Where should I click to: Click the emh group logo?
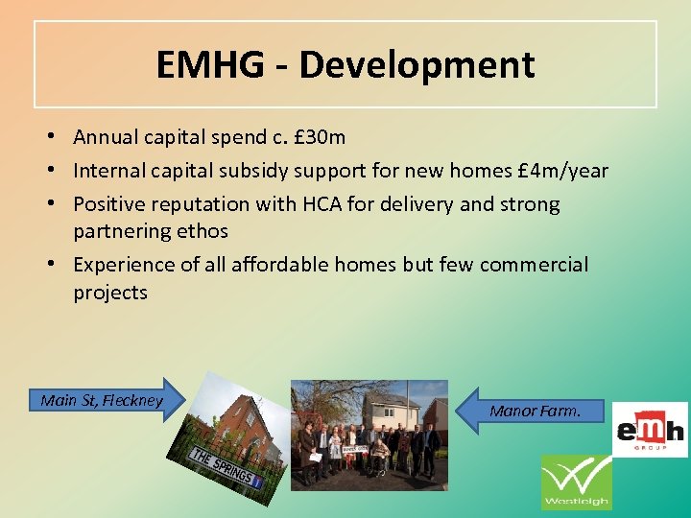point(650,429)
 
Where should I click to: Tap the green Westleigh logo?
point(576,482)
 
